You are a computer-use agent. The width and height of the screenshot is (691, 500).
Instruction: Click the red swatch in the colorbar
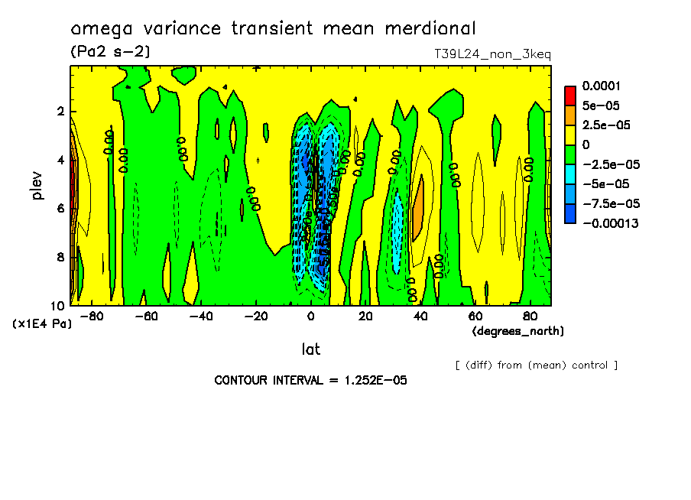pos(569,95)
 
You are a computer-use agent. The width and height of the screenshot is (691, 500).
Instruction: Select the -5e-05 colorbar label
pos(605,183)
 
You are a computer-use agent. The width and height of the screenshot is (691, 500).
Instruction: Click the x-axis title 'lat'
pos(310,349)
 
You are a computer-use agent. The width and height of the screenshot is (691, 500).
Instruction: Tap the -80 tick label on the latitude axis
pos(91,316)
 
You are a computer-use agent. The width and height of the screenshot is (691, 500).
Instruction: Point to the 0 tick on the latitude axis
pos(310,316)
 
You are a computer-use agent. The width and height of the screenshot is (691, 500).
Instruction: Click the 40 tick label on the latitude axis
pos(420,316)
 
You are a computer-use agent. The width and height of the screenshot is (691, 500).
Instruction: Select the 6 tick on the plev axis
pos(60,209)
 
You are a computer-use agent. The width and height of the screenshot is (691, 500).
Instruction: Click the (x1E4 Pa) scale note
pos(42,324)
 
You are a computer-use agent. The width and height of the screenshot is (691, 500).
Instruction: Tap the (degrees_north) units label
pos(518,331)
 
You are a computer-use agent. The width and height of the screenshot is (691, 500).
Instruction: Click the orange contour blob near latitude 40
pos(418,208)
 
